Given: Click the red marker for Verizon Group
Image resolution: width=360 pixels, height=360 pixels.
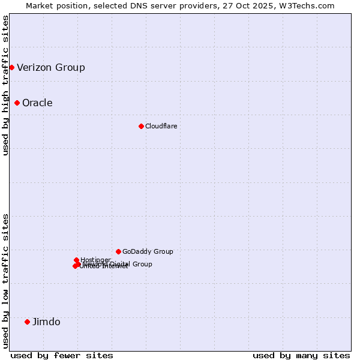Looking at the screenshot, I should pos(11,67).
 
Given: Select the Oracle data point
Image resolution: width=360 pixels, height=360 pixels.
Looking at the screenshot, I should pos(17,103).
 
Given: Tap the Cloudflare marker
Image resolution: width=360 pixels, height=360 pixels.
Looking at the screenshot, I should pos(141,126).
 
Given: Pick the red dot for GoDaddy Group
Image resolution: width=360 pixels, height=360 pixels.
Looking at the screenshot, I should pos(118,251).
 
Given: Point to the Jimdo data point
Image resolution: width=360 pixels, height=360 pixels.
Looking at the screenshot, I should pos(27,322).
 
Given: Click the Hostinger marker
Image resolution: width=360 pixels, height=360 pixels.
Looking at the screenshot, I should pos(76,260).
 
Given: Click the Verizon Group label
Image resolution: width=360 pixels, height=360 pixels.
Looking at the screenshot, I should pos(51,67).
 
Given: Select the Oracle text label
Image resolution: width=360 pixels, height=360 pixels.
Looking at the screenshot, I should pos(37,103).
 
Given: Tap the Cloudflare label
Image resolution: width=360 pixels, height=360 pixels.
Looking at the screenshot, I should pos(161,126).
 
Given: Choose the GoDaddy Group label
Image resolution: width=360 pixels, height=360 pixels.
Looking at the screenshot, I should pos(148,251).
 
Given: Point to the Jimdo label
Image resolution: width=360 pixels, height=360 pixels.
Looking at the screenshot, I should pos(46,322).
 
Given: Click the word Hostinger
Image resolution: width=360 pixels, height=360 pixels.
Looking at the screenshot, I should pos(95,260).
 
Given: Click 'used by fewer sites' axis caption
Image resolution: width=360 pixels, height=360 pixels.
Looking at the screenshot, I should pos(62,355).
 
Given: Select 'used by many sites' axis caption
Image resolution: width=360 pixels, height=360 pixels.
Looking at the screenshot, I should pos(301,355).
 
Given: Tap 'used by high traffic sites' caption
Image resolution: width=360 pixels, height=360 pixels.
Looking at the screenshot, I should pos(6,85).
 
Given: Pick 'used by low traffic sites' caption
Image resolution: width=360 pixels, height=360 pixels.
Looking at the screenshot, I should pos(6,280).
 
